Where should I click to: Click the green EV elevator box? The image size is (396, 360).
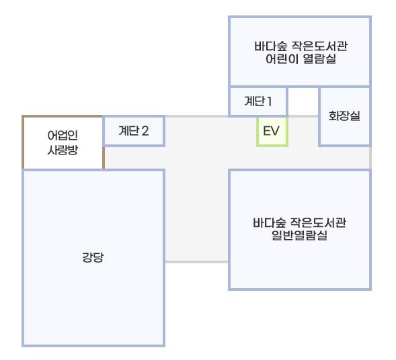coord(272,132)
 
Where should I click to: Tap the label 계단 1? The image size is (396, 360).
coord(258,101)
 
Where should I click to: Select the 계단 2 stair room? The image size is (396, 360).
coord(134,131)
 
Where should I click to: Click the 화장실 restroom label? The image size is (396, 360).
coord(344,116)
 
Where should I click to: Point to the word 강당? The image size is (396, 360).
coord(93,257)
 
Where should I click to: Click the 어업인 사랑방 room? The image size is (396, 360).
coord(63,142)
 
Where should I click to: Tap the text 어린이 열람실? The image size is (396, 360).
coord(301,59)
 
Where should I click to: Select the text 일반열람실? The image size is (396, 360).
coord(300,235)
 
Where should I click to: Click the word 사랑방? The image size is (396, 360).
coord(63,150)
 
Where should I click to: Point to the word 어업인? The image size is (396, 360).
coord(63,135)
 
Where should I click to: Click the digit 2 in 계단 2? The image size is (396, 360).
coord(145,131)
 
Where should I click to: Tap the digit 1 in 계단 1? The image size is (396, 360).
coord(269,101)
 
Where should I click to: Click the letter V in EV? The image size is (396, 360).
coord(275,131)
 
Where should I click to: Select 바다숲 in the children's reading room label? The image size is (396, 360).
coord(270,46)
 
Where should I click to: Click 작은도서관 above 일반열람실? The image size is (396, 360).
coord(318,223)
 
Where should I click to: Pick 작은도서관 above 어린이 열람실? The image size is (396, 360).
coord(320,46)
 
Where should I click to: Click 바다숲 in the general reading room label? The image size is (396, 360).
coord(269,223)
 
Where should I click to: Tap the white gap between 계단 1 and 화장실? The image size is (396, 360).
coord(303,101)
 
